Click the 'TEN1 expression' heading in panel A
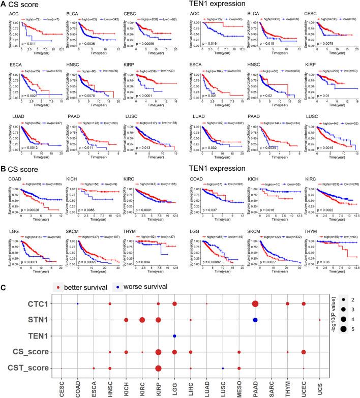(x=213, y=5)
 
